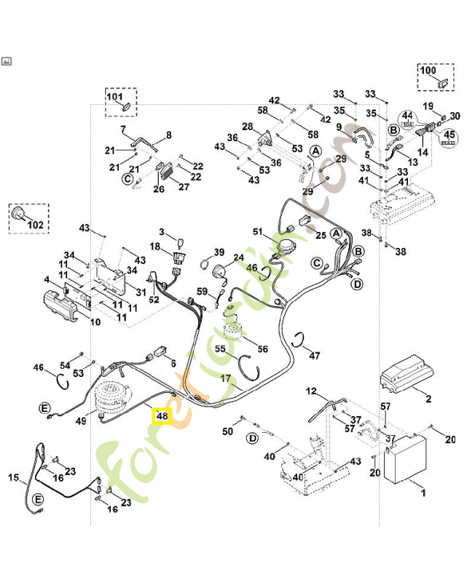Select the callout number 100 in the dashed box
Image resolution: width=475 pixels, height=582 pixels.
(x=428, y=71)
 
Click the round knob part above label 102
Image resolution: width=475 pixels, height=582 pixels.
(x=18, y=214)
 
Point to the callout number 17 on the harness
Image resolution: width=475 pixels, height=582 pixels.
(x=226, y=378)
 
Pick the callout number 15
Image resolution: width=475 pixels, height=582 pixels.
(x=13, y=478)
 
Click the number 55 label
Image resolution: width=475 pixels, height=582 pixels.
(x=219, y=349)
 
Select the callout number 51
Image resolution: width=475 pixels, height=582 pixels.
(x=257, y=231)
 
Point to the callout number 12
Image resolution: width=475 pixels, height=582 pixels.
(x=311, y=391)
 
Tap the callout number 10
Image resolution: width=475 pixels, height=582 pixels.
(x=95, y=321)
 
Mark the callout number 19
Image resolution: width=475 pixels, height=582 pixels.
(x=429, y=106)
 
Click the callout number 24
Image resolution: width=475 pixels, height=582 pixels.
(x=238, y=258)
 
